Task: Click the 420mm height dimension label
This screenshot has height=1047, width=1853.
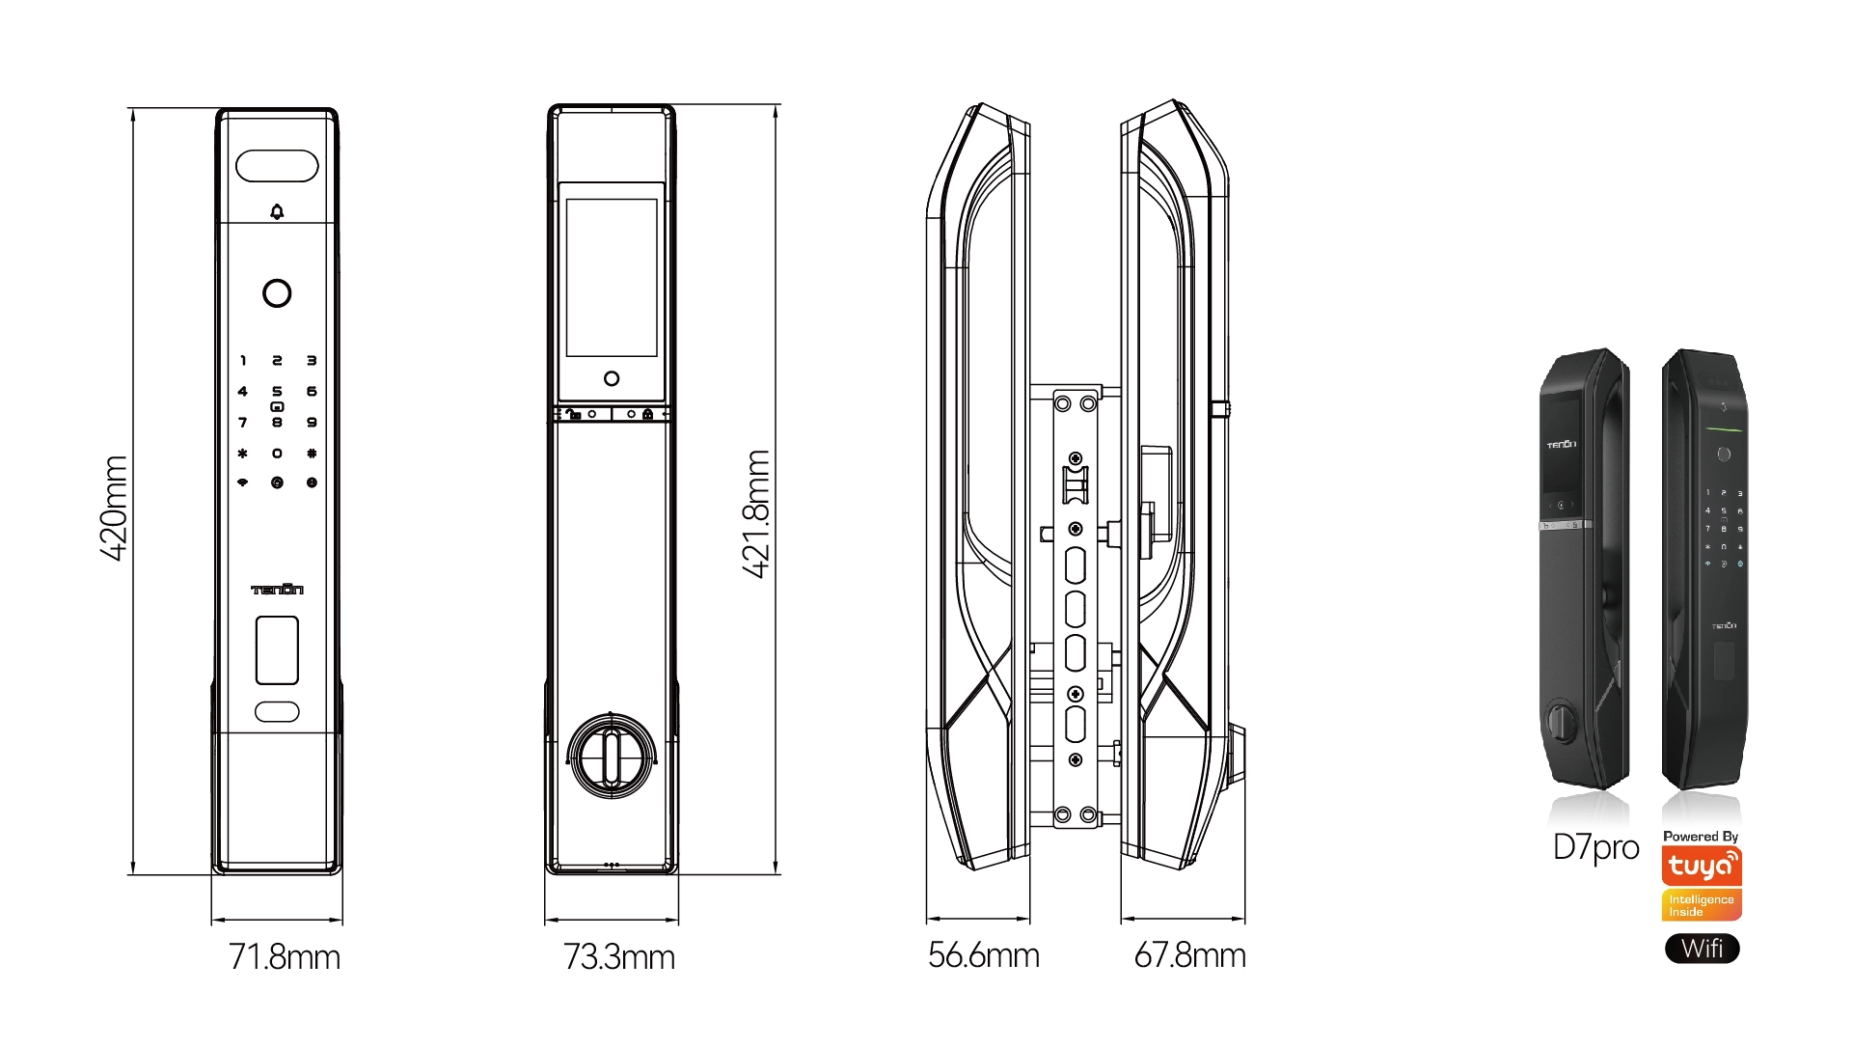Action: [x=114, y=508]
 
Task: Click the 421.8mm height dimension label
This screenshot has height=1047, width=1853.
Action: [x=757, y=513]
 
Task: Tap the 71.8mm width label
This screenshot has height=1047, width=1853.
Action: [x=285, y=957]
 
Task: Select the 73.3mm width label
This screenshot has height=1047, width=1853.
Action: [x=618, y=957]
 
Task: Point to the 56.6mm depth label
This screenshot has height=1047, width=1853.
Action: [x=983, y=955]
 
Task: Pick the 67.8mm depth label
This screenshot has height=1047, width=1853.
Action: [x=1189, y=955]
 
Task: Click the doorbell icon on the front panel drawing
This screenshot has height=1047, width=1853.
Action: [x=277, y=212]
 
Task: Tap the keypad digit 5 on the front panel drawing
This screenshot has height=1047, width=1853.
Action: [x=277, y=392]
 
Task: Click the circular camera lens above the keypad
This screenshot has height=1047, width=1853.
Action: [x=277, y=293]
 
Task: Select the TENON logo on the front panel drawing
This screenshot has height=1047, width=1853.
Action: [x=277, y=590]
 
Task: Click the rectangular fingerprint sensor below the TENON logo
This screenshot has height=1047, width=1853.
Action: [x=277, y=650]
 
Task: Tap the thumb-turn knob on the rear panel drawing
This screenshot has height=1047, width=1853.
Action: [x=612, y=756]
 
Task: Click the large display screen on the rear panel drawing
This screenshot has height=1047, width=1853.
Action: [x=612, y=278]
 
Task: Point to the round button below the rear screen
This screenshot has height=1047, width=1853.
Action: [x=612, y=379]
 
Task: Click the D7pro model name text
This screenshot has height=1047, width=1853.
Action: [x=1595, y=847]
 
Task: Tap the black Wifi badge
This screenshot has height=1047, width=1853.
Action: [x=1702, y=949]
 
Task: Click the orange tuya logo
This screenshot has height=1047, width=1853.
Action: [x=1702, y=866]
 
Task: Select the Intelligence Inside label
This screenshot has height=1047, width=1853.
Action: [x=1702, y=905]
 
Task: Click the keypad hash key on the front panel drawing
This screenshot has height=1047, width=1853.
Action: [x=312, y=454]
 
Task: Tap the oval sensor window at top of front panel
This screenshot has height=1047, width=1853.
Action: [x=277, y=166]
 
